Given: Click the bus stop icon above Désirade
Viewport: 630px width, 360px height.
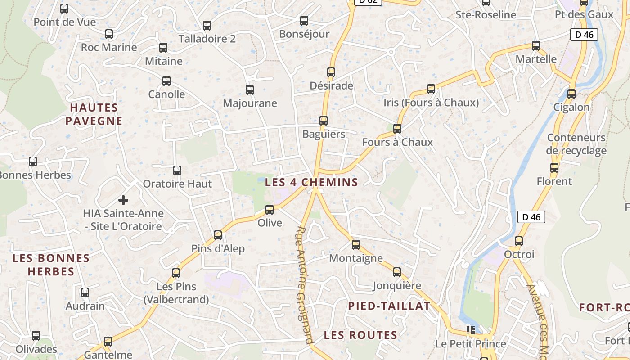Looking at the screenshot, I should [331, 72].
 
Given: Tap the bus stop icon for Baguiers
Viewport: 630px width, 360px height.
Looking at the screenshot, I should [324, 120].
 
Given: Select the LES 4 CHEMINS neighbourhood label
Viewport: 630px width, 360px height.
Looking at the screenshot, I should [311, 182].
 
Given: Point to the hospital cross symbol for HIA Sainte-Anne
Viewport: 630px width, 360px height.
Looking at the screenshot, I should [123, 200].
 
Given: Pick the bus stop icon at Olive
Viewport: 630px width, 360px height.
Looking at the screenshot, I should [270, 209].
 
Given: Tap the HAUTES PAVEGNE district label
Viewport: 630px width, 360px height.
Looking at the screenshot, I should [94, 114].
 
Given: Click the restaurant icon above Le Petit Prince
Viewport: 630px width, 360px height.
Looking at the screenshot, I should [471, 330].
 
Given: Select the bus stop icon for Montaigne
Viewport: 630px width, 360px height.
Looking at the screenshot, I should [356, 244].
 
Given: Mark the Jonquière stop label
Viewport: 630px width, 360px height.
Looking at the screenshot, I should [397, 286].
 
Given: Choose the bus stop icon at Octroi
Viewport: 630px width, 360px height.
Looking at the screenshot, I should [519, 241].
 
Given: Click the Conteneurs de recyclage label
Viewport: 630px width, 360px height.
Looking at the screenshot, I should [576, 144].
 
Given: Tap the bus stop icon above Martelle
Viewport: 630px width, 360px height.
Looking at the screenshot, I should [536, 45].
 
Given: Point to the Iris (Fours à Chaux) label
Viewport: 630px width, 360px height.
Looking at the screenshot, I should [431, 103].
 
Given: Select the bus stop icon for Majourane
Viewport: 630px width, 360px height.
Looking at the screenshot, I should [250, 90].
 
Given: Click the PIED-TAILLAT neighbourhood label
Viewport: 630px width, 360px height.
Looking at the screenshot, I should [389, 306].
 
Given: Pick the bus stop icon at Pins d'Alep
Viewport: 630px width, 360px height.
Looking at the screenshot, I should [218, 235].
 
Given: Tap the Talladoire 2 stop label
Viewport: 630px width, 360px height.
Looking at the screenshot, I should [207, 39].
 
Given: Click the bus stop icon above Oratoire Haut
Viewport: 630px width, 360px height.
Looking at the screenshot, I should [177, 170].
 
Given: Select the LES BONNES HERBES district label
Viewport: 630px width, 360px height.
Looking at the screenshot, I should [51, 265].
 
